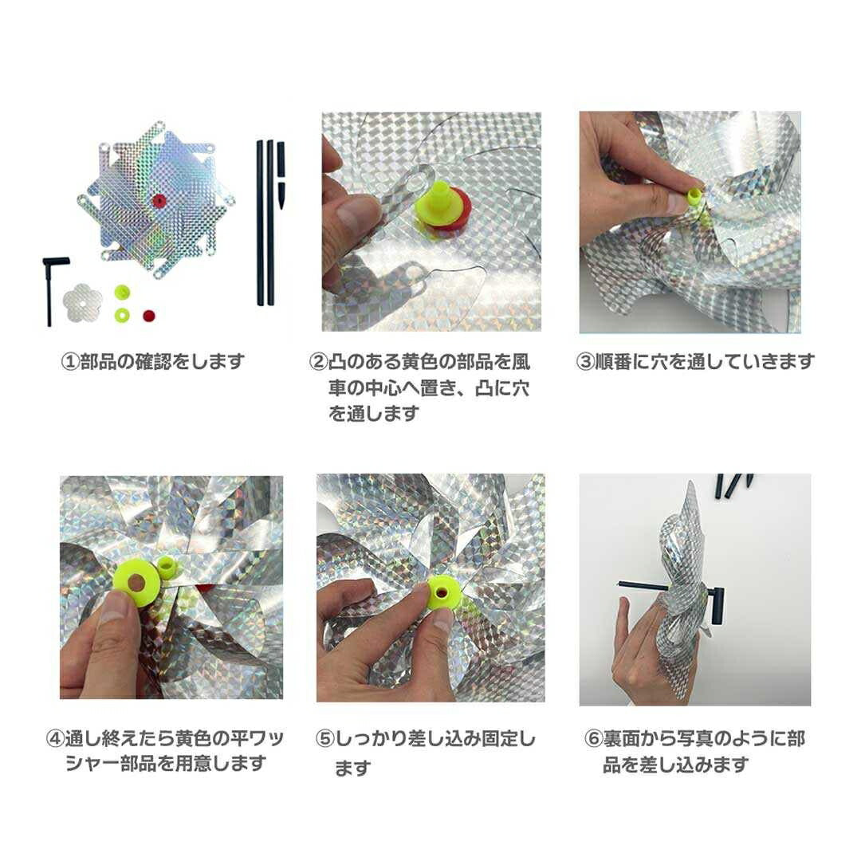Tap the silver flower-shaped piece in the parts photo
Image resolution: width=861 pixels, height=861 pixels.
tap(83, 303)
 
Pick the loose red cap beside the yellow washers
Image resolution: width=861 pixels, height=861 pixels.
tap(147, 316)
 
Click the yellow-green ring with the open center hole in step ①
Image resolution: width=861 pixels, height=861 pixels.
tap(121, 316)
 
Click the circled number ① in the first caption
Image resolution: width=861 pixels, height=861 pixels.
tap(71, 361)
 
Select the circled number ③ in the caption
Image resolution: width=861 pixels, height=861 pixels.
tap(585, 361)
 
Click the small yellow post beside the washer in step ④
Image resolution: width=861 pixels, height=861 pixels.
tap(167, 568)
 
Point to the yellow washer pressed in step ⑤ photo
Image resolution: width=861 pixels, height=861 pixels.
tap(443, 593)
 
